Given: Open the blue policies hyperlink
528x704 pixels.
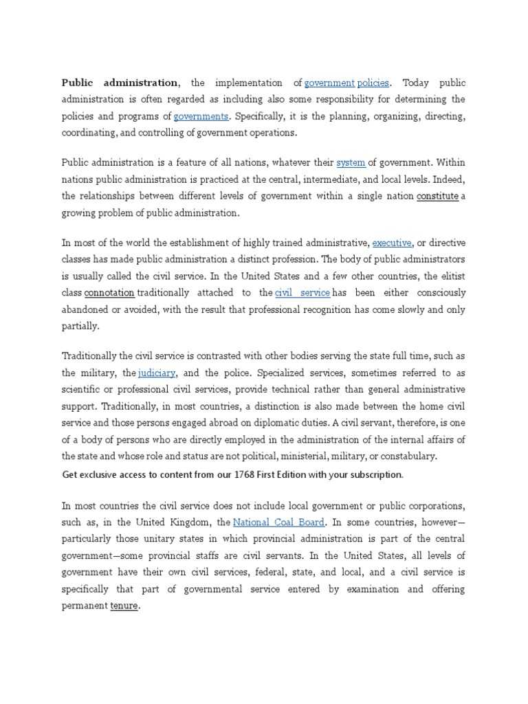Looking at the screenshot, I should point(373,83).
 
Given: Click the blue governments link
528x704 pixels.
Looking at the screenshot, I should point(201,116).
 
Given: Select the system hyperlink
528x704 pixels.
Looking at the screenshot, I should point(351,163).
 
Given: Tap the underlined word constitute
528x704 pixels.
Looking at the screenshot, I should point(437,196).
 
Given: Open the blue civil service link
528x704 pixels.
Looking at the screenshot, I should point(302,293).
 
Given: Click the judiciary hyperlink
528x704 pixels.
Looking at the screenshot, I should point(157,373).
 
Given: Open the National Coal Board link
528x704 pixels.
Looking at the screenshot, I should point(278,522).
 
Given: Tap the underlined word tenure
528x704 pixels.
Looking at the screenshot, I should point(124,606).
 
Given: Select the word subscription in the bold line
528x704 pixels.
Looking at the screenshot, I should point(375,474).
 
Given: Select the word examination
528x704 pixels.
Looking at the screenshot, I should point(379,589).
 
